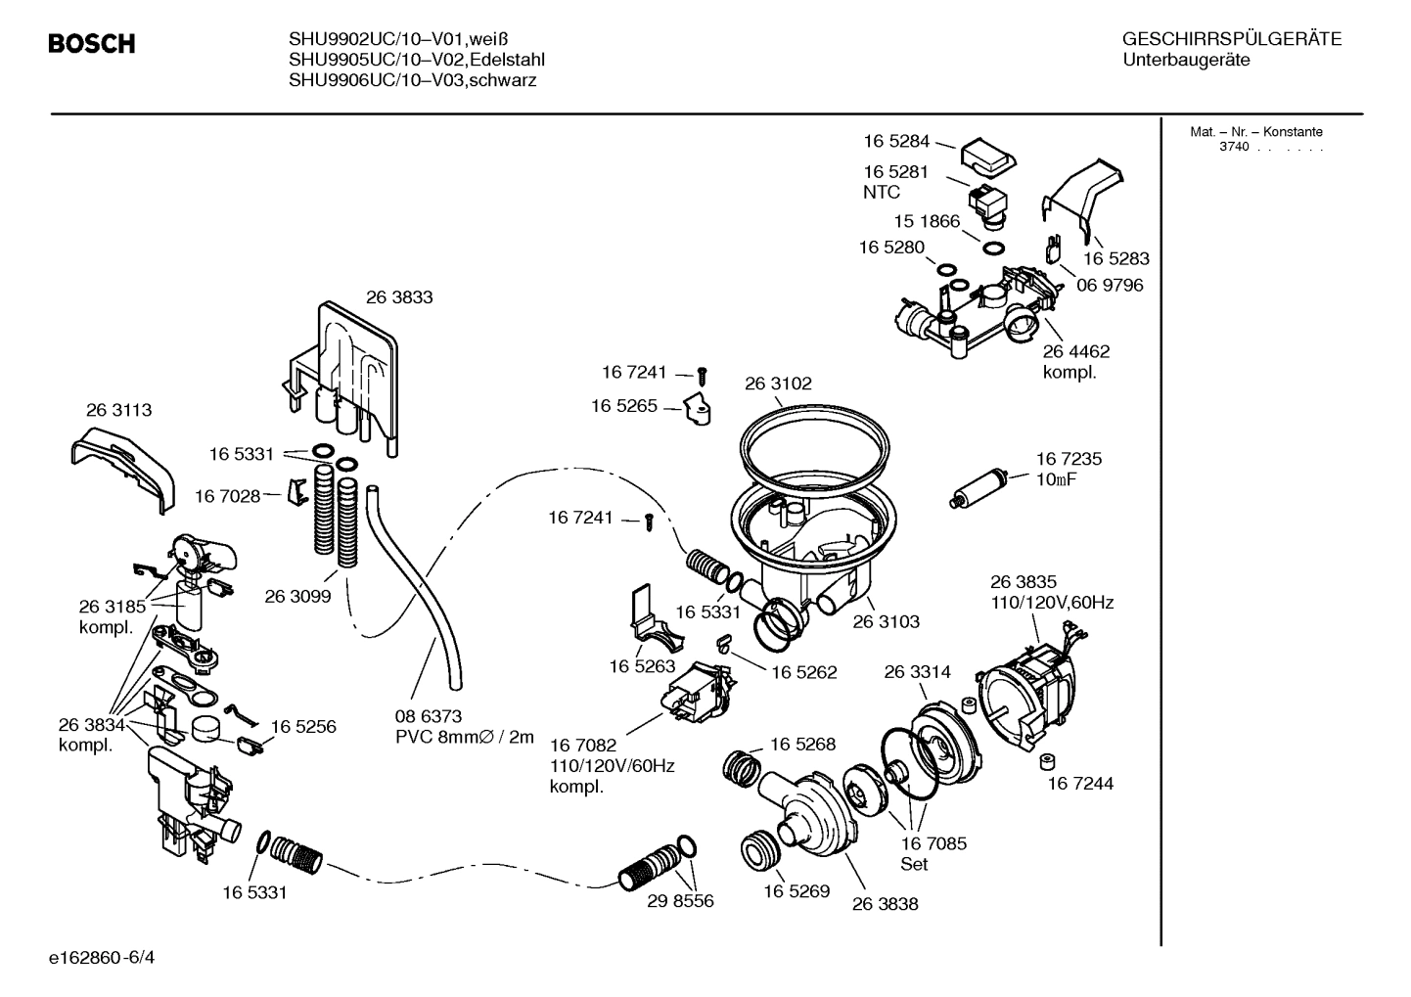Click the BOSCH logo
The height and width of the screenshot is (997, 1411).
pos(92,44)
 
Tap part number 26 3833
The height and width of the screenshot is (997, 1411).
pos(399,297)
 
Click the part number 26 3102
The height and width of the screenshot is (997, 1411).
pos(778,384)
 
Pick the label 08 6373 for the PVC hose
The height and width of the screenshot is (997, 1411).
pos(429,716)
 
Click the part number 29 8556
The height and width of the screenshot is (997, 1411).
pos(680,901)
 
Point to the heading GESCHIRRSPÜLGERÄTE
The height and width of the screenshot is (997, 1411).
pos(1231,40)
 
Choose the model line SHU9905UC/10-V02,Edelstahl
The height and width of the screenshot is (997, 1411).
pos(416,60)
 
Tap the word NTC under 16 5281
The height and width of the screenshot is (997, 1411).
pos(882,193)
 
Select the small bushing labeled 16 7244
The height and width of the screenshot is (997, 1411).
pos(1046,761)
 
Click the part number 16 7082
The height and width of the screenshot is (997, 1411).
pos(582,746)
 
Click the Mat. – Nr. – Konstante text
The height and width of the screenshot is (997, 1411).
pos(1255,132)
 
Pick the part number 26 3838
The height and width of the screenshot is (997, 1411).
pos(885,904)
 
